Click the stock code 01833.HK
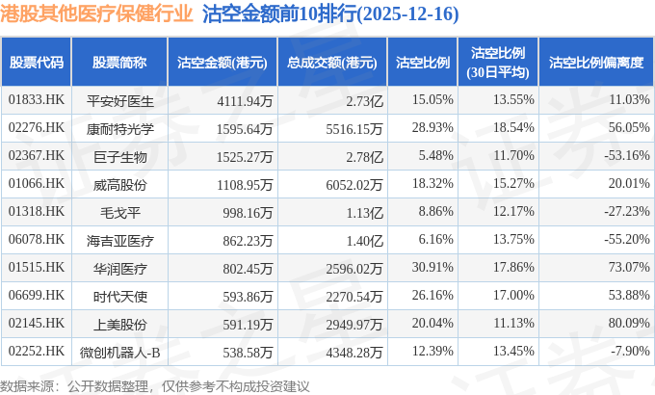(37, 99)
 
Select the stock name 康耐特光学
(120, 127)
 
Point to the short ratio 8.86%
(431, 211)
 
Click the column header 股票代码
(37, 63)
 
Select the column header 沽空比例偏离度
(595, 63)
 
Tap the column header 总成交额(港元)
(331, 63)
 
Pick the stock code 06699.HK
(37, 295)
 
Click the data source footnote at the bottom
(156, 384)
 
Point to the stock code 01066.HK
(37, 183)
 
